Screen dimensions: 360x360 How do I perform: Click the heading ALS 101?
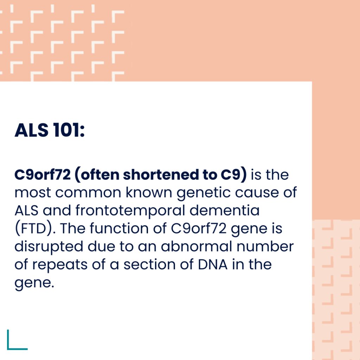[x=50, y=130]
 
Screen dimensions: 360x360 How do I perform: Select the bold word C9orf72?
[x=43, y=175]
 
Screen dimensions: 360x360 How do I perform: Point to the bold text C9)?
[x=234, y=175]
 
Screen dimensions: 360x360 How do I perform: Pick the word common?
[x=88, y=193]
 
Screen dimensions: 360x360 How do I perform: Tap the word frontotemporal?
[x=130, y=211]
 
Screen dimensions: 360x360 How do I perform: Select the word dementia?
[x=225, y=210]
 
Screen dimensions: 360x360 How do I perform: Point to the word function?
[x=119, y=228]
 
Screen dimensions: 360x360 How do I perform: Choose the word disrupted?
[x=49, y=247]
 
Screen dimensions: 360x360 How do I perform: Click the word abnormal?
[x=196, y=246]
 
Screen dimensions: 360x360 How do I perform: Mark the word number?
[x=265, y=246]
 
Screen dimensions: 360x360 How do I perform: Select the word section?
[x=149, y=264]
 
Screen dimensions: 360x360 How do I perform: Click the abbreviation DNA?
[x=213, y=264]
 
